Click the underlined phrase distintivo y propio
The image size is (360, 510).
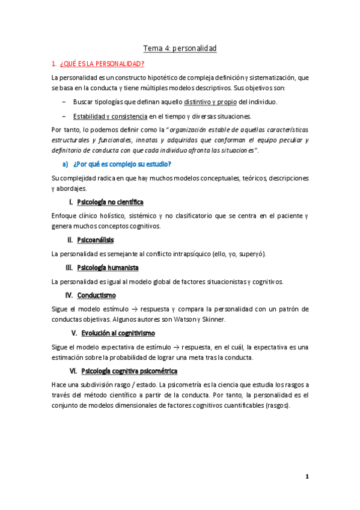click(x=211, y=102)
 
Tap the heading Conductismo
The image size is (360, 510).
click(x=97, y=295)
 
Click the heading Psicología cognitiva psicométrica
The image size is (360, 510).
click(x=129, y=370)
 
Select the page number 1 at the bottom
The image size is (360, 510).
click(x=307, y=477)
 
